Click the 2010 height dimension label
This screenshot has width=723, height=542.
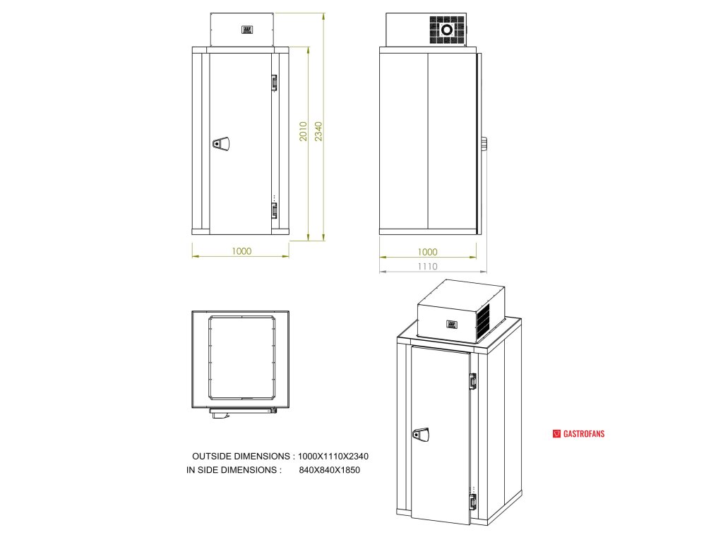pyautogui.click(x=303, y=131)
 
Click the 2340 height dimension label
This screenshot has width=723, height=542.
pyautogui.click(x=318, y=131)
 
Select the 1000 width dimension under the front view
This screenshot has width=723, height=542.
pyautogui.click(x=241, y=251)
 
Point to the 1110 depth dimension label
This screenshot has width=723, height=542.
pyautogui.click(x=428, y=266)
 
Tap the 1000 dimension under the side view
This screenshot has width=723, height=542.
pyautogui.click(x=428, y=252)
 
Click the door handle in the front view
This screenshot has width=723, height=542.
pyautogui.click(x=221, y=143)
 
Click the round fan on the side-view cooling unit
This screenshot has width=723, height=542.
pyautogui.click(x=446, y=30)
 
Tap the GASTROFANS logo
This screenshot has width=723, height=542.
pyautogui.click(x=578, y=433)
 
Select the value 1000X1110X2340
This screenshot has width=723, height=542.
pyautogui.click(x=333, y=457)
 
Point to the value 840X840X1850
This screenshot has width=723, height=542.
pyautogui.click(x=330, y=469)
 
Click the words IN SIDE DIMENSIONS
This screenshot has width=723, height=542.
pyautogui.click(x=234, y=469)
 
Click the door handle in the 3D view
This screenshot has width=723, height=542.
pyautogui.click(x=422, y=433)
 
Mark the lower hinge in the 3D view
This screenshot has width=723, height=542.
pyautogui.click(x=472, y=502)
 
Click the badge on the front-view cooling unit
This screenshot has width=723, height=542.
pyautogui.click(x=247, y=30)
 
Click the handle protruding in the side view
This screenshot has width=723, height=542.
pyautogui.click(x=484, y=143)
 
